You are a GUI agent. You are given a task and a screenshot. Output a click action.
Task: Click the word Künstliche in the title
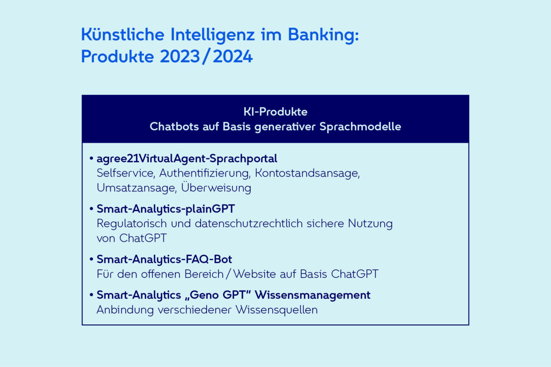[x=123, y=34]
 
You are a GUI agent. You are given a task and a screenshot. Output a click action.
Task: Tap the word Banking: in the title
[x=323, y=36]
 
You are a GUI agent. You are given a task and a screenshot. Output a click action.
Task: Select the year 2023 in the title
[x=180, y=56]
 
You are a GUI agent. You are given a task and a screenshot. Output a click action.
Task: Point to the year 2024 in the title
[x=233, y=56]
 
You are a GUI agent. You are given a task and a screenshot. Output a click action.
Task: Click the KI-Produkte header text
[x=275, y=112]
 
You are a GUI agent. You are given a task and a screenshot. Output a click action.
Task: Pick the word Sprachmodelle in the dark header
[x=360, y=127]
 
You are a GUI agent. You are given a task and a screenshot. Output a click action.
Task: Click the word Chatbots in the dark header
[x=174, y=127]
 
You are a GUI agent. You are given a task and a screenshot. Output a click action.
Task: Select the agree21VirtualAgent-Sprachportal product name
[x=187, y=159]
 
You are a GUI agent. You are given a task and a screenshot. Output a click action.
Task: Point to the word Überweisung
[x=216, y=187]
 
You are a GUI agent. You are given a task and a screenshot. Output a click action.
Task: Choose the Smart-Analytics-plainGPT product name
[x=166, y=209]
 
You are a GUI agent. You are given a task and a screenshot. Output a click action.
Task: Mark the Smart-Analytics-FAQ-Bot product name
[x=164, y=260]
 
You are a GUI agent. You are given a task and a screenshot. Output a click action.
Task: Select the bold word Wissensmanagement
[x=312, y=295]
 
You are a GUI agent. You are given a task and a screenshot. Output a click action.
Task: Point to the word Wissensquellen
[x=276, y=310]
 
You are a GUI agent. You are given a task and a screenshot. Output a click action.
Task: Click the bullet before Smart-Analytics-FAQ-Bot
[x=91, y=259]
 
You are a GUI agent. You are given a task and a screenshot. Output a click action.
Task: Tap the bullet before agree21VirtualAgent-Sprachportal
[x=91, y=158]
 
